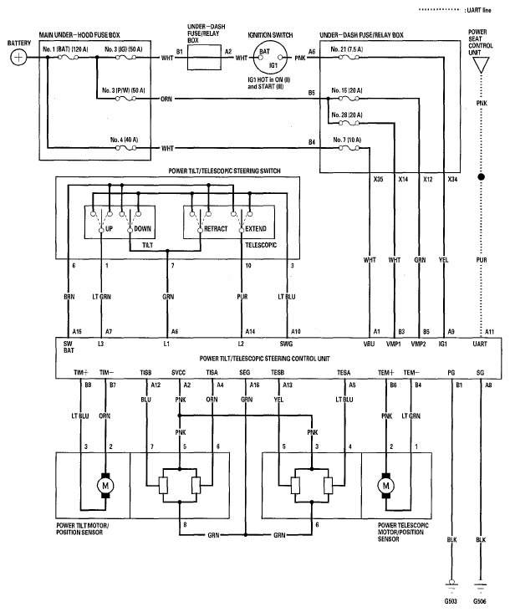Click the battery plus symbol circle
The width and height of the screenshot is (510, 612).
[x=17, y=58]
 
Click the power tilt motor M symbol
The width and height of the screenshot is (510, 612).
[x=107, y=485]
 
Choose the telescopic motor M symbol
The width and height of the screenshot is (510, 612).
[x=386, y=485]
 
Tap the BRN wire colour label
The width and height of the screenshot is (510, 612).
[x=70, y=296]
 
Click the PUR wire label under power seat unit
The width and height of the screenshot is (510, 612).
[x=481, y=260]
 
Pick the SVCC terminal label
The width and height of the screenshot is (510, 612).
[x=179, y=371]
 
